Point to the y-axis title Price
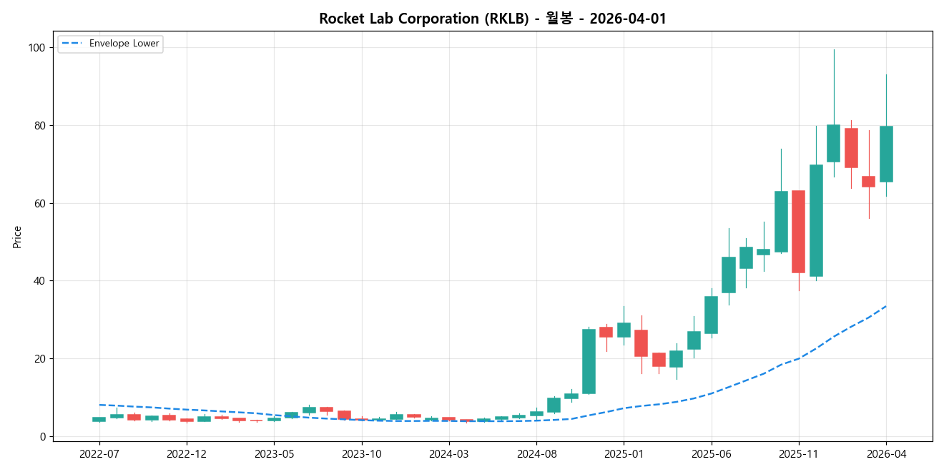tap(17, 237)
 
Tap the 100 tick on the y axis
tap(36, 48)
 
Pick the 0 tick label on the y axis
tap(41, 436)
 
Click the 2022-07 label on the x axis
tap(99, 453)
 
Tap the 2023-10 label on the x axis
tap(362, 453)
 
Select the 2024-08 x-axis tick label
tap(536, 453)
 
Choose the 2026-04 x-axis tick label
tap(886, 453)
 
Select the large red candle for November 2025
tap(798, 232)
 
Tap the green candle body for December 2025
tap(816, 220)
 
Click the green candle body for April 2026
tap(886, 154)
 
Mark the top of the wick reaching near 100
tap(833, 50)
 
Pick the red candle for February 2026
tap(851, 148)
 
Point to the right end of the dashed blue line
tap(886, 306)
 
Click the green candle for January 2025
tap(624, 330)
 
